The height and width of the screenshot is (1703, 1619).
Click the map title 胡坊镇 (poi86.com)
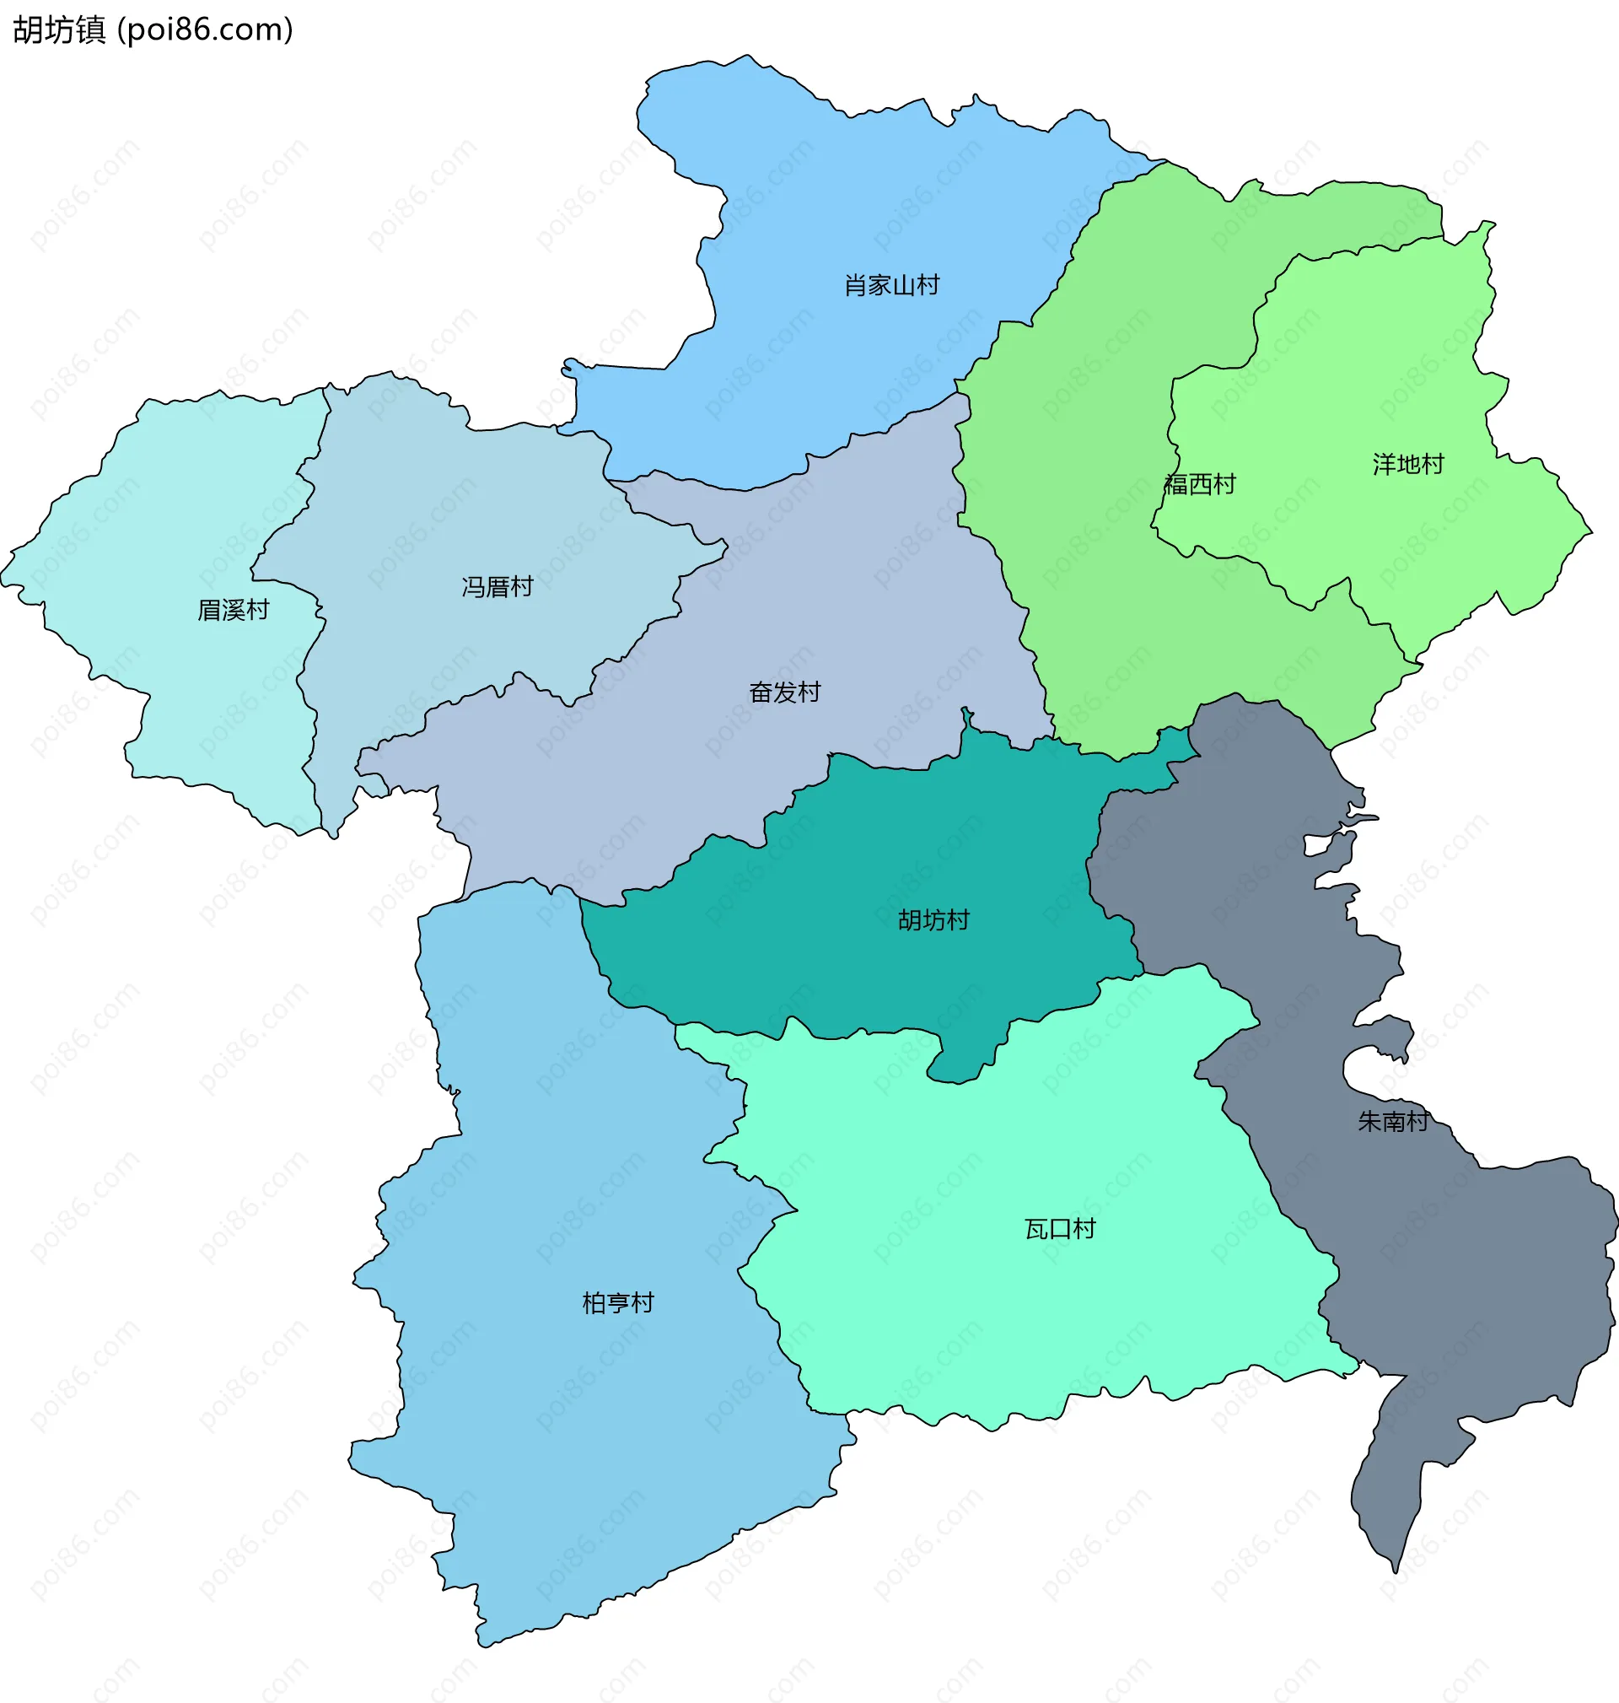(153, 30)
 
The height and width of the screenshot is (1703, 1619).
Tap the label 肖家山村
(891, 285)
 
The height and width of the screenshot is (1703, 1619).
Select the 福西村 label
(1200, 484)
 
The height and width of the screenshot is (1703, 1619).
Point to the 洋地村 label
(1407, 465)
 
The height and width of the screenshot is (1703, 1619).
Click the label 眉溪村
(233, 610)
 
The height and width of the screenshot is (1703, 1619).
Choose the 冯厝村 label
(498, 587)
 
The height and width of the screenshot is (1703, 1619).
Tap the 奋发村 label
(784, 693)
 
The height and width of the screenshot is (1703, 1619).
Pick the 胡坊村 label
(933, 920)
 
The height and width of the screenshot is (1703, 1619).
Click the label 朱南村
(1392, 1121)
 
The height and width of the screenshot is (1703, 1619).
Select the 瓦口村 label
(1060, 1228)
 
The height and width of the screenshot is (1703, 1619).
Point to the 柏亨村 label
(618, 1302)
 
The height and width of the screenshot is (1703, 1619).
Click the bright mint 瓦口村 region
(992, 1312)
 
